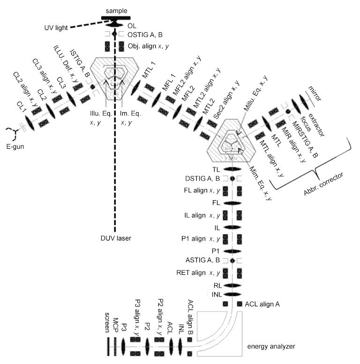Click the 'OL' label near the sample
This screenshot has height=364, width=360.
(x=132, y=26)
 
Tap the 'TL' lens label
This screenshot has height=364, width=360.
(x=216, y=169)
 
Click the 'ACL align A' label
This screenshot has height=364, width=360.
(x=262, y=304)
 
